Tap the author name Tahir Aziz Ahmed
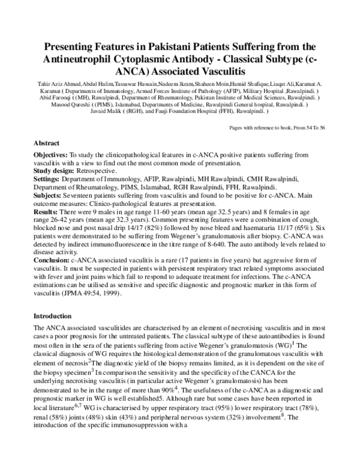(47, 81)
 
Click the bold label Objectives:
(51, 155)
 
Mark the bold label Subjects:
(50, 196)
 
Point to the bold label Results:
(47, 213)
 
